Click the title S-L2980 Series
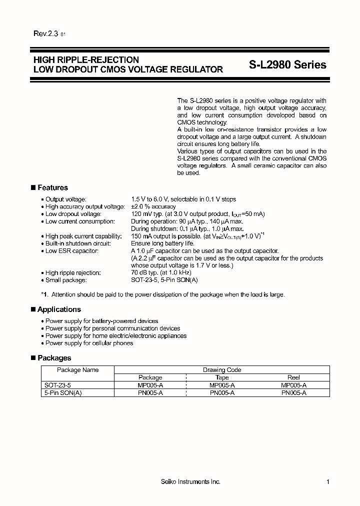tap(287, 64)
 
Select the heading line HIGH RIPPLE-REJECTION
tap(86, 60)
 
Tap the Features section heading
tap(52, 187)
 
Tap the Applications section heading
tap(59, 309)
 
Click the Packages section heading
tap(54, 358)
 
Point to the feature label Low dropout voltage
tap(73, 214)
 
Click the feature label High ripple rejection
tap(73, 272)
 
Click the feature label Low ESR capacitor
tap(71, 250)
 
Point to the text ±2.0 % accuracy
tap(153, 206)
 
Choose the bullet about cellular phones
tap(89, 343)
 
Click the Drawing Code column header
tap(221, 370)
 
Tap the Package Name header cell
tap(77, 370)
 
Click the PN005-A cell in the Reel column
tap(293, 393)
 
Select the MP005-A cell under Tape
tap(221, 385)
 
